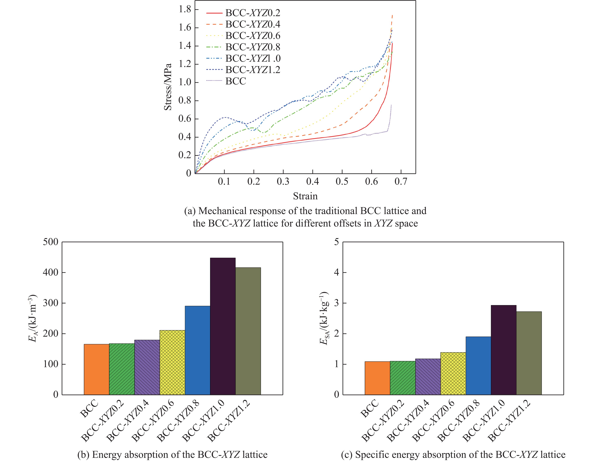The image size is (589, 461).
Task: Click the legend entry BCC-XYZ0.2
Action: click(253, 13)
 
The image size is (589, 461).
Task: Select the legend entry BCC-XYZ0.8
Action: click(253, 47)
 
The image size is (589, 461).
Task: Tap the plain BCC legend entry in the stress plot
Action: click(236, 81)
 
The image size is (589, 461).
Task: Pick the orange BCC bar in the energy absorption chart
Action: click(96, 369)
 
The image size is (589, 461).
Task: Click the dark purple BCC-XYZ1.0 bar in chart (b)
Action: click(223, 326)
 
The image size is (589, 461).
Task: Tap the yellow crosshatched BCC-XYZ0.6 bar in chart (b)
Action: click(172, 362)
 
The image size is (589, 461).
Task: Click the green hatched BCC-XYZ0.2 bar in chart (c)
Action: click(403, 378)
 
